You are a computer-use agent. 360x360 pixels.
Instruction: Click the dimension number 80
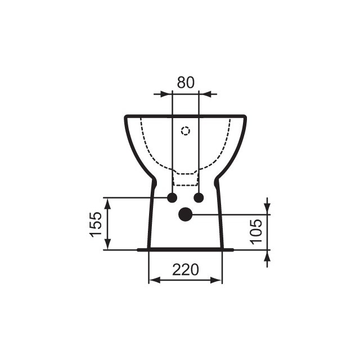coord(186,82)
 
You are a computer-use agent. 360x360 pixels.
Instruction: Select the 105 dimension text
coord(256,231)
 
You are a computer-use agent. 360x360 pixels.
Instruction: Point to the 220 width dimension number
coord(185,270)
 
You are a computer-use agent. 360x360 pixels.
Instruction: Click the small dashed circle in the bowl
coord(186,131)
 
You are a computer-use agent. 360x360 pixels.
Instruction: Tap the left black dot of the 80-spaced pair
coord(172,197)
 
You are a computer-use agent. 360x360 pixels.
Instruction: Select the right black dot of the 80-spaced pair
coord(199,197)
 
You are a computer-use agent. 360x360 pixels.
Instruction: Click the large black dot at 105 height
coord(185,214)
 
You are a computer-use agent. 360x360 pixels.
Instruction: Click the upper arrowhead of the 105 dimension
coord(267,209)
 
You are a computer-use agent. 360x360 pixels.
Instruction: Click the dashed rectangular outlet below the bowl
coord(186,178)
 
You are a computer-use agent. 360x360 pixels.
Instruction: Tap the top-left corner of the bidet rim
coord(125,116)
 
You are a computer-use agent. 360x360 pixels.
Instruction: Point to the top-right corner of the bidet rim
coord(245,116)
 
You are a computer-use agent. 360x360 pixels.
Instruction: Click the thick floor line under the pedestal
coord(185,249)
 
